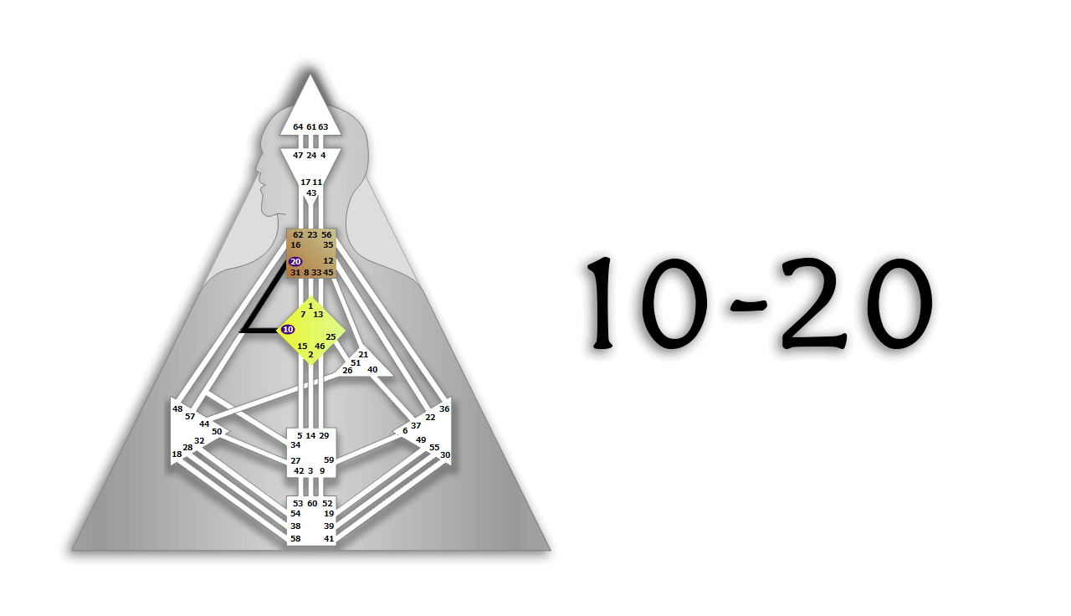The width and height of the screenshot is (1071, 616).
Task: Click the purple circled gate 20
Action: click(295, 262)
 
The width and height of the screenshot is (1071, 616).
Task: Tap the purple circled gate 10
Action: click(288, 330)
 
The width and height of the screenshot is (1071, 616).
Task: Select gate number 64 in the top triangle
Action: click(298, 126)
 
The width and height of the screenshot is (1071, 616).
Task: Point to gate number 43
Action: click(311, 192)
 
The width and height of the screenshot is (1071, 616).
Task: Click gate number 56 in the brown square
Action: click(326, 235)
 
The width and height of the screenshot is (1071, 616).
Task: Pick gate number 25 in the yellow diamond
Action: click(331, 336)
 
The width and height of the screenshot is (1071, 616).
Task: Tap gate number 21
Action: click(363, 354)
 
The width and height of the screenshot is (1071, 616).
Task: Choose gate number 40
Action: click(372, 369)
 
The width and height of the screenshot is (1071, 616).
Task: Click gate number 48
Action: click(177, 408)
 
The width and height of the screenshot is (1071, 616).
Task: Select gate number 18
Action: click(177, 454)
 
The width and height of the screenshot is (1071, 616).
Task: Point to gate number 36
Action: click(444, 408)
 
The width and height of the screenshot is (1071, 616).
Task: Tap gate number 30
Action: click(445, 454)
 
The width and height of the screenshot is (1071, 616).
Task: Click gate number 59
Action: click(329, 460)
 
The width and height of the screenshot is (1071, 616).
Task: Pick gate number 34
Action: click(295, 444)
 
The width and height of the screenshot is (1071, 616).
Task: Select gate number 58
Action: click(295, 538)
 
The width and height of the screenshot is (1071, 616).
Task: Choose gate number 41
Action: click(329, 538)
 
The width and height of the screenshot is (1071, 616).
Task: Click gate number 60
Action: click(312, 503)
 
